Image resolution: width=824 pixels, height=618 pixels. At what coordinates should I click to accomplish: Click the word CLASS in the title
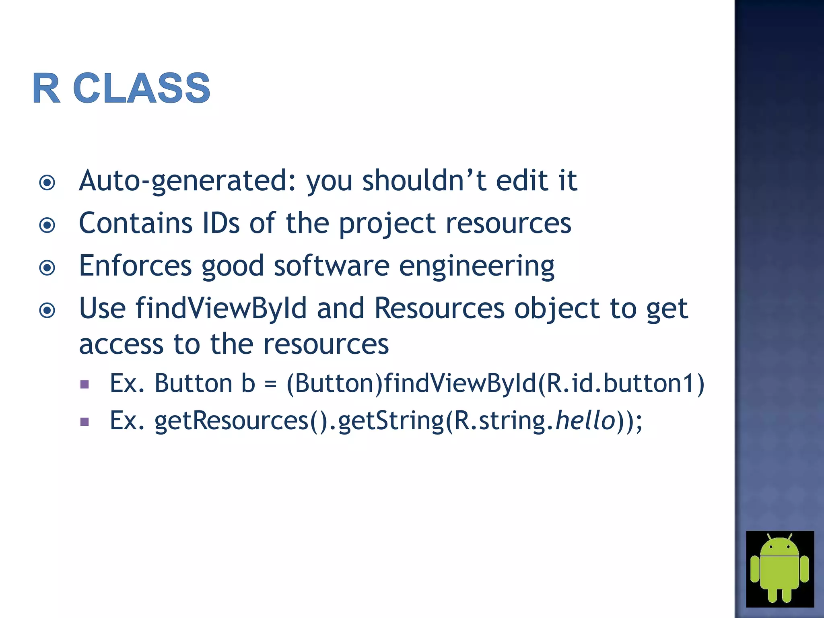(x=142, y=88)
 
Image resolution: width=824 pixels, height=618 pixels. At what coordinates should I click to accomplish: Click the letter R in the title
(x=46, y=88)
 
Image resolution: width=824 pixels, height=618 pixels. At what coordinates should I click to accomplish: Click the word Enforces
(x=135, y=266)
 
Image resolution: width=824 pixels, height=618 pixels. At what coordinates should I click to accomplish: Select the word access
(x=121, y=345)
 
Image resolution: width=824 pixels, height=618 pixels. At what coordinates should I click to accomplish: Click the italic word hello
(x=585, y=420)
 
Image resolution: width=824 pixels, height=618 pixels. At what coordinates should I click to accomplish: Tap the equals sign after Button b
(x=270, y=384)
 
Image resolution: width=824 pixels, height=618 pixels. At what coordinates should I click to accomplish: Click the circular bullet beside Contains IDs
(x=47, y=225)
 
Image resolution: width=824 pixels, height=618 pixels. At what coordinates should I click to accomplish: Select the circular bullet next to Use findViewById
(x=47, y=310)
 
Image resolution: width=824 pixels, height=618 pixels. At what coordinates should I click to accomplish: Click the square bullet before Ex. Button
(x=84, y=384)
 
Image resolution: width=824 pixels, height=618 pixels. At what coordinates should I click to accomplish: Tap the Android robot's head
(x=780, y=547)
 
